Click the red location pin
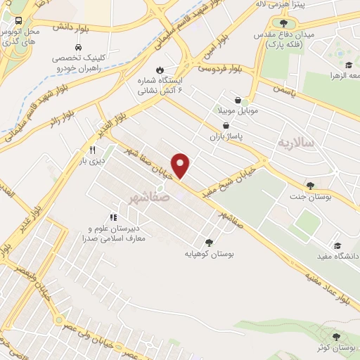pos(181,166)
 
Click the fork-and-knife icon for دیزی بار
pos(91,150)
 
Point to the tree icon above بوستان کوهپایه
pos(209,241)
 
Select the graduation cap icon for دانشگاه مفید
pos(338,245)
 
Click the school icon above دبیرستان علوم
pos(112,217)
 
